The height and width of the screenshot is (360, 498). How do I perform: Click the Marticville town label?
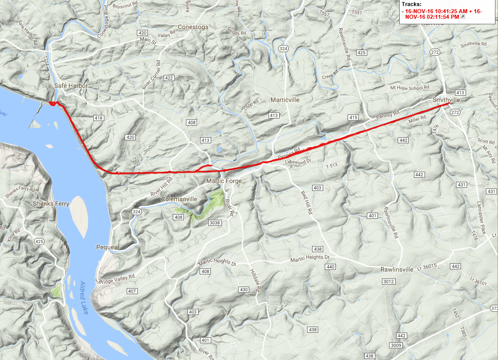tap(285, 100)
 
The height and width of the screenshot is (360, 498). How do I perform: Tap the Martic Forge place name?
tap(223, 181)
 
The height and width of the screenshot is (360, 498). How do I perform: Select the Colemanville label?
tap(179, 199)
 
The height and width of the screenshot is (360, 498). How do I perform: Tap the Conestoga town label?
tap(193, 27)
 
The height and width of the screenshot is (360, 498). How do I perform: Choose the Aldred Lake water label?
tap(84, 297)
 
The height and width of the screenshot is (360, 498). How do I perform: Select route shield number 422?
tap(169, 78)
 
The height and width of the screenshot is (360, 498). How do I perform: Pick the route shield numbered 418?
tap(98, 118)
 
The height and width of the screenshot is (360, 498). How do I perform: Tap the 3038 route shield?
tap(214, 222)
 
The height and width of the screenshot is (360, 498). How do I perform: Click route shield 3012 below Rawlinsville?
tap(389, 281)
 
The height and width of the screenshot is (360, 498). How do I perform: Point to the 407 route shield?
tap(132, 291)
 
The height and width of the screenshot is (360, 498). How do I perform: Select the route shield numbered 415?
tap(353, 117)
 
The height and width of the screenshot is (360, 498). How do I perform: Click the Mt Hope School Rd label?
tap(406, 88)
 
